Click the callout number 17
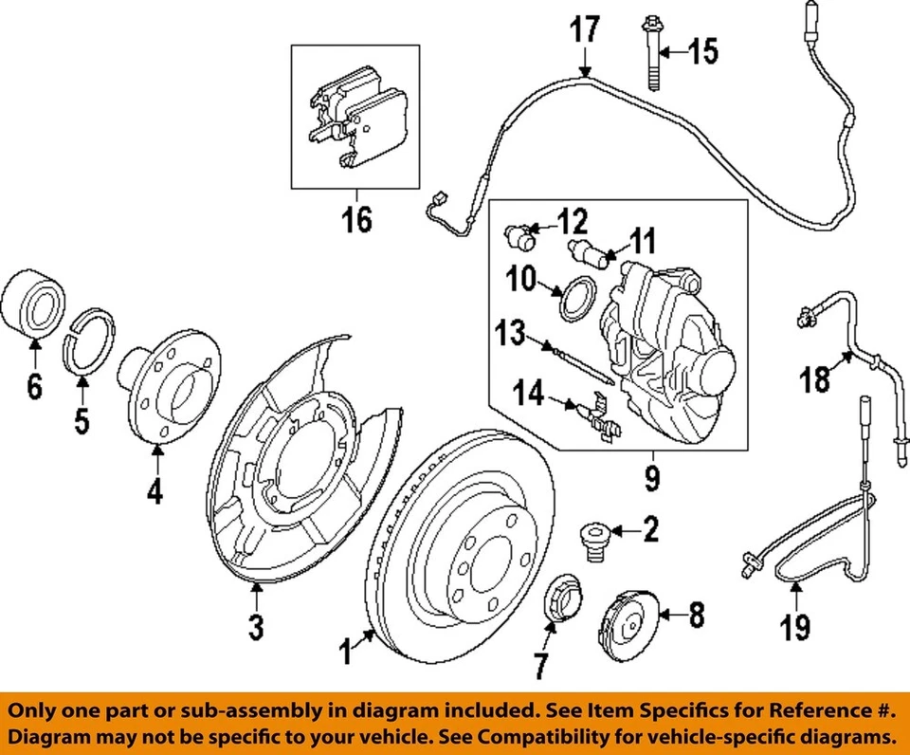[x=584, y=29]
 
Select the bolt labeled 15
[x=654, y=54]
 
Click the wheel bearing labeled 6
[x=34, y=303]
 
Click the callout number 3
[x=256, y=626]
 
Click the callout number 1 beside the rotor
[x=346, y=652]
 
